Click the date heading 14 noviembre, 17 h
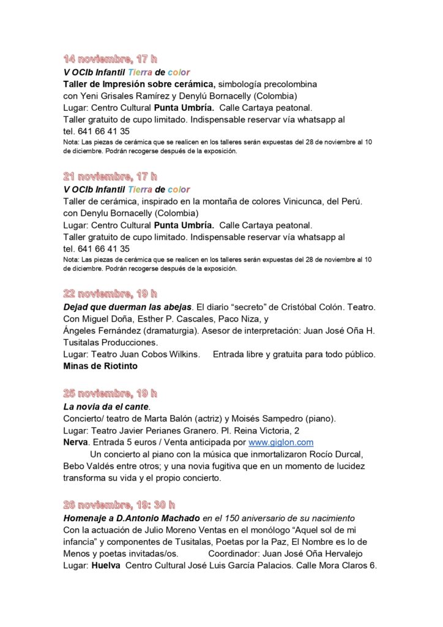[110, 59]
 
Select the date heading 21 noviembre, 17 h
[110, 176]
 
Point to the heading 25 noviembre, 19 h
[110, 392]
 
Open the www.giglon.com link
[281, 442]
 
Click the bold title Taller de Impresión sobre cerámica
[139, 84]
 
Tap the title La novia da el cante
[106, 406]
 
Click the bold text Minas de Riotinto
[100, 366]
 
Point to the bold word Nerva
[76, 442]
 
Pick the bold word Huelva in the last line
[105, 566]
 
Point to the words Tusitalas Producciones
[111, 342]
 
